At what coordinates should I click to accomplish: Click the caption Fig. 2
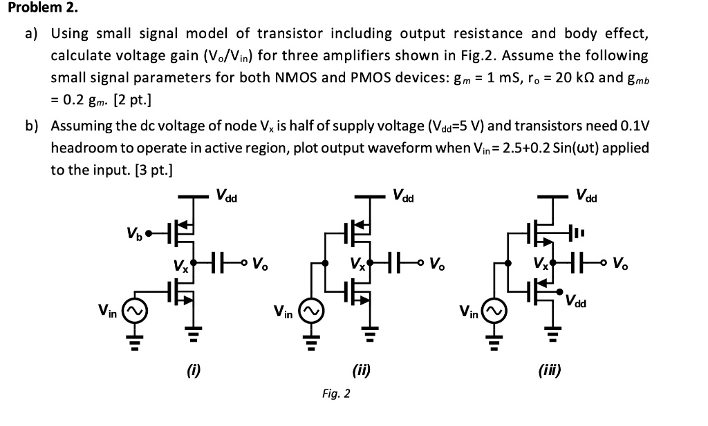click(x=336, y=394)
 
